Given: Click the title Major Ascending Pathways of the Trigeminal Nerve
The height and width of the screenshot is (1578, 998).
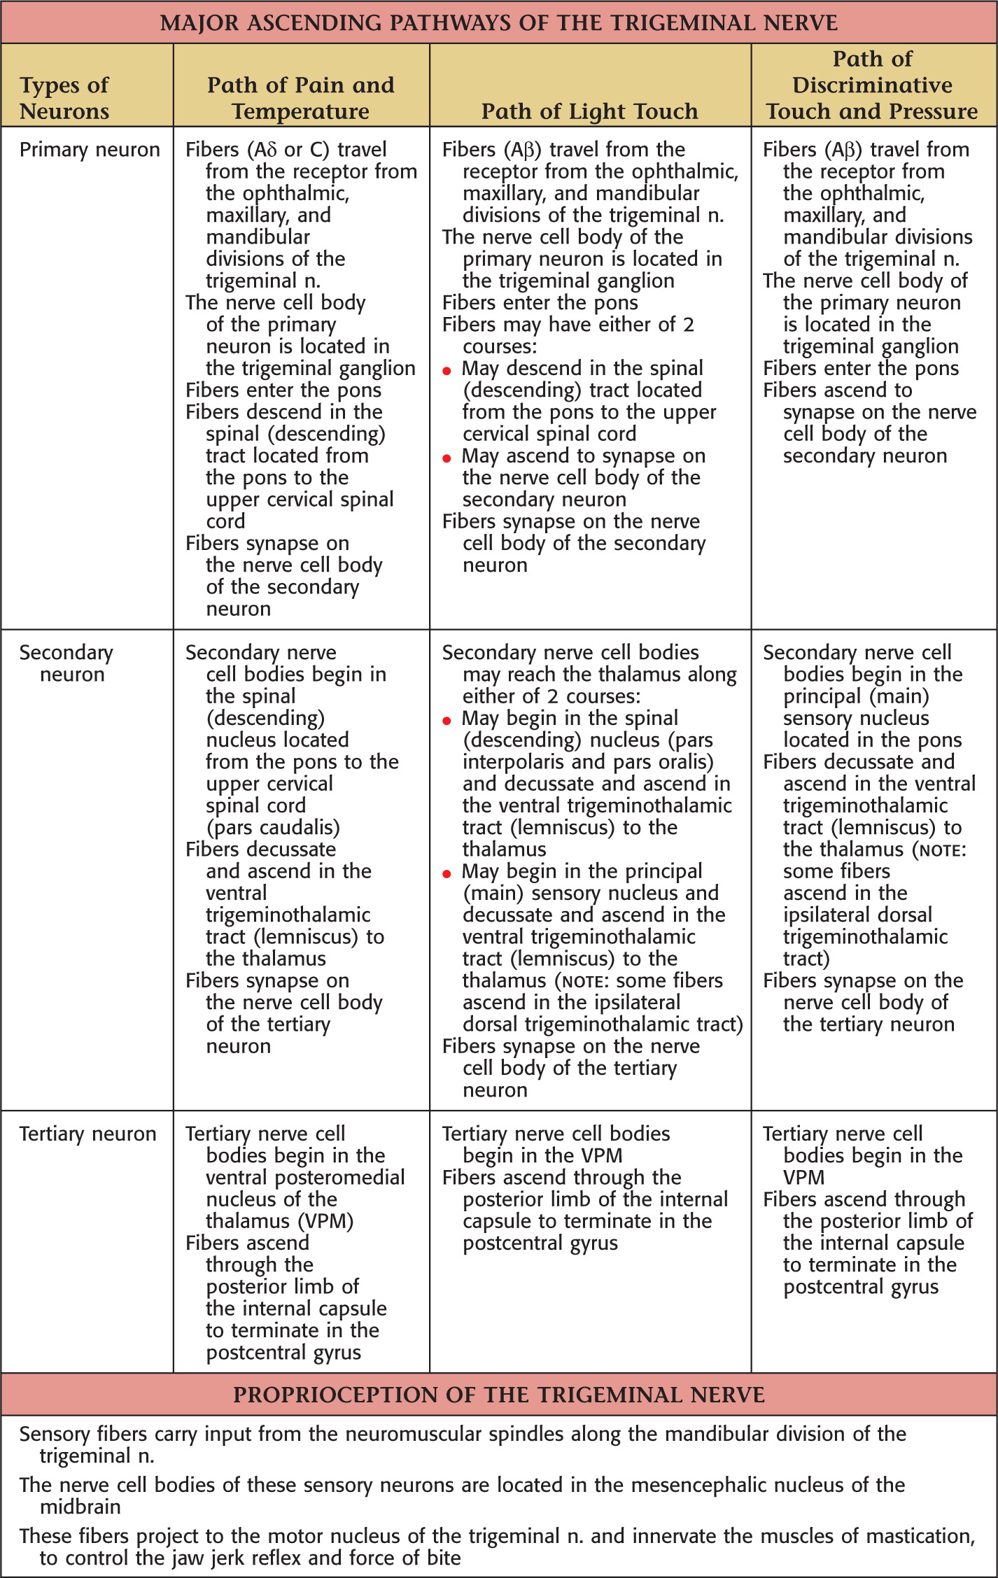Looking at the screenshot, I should (x=498, y=23).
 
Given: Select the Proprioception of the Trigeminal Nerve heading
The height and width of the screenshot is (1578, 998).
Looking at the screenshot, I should (x=498, y=1395).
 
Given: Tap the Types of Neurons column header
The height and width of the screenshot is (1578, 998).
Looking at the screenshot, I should (x=64, y=98).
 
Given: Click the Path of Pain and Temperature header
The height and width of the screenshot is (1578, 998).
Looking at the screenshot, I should (x=301, y=98).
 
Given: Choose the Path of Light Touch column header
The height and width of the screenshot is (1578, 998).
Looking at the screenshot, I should (x=589, y=111).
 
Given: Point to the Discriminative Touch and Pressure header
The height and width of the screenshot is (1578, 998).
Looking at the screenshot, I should (x=872, y=85).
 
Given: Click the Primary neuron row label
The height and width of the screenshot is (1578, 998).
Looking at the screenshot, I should (x=90, y=150).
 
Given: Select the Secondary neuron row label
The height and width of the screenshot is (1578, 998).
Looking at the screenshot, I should (x=66, y=663).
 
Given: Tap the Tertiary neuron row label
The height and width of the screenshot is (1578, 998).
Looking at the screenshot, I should (x=87, y=1134).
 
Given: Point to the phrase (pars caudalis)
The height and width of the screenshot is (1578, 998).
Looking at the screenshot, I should (x=273, y=827).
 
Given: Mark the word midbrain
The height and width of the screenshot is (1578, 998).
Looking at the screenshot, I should (x=80, y=1507).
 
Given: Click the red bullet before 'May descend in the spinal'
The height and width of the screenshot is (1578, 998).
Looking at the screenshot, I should (x=447, y=371).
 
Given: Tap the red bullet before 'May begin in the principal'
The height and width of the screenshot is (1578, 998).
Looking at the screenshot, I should (x=447, y=873).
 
